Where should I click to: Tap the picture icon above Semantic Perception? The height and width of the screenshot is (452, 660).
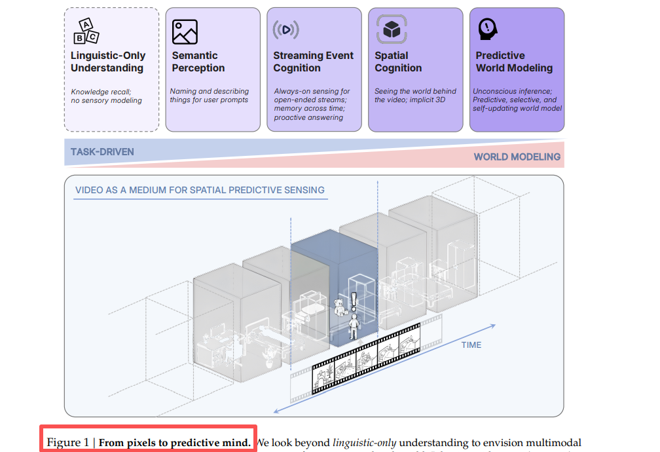185,31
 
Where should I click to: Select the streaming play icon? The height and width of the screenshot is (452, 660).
285,30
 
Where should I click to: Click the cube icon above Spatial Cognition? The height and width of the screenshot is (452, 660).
392,29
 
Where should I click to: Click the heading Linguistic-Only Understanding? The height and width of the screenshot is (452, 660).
108,62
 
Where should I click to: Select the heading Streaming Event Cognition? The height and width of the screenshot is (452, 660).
313,62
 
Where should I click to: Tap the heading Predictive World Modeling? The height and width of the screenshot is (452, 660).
514,62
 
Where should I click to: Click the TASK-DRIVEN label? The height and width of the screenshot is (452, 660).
102,152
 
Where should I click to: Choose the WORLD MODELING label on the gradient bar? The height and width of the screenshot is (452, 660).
517,157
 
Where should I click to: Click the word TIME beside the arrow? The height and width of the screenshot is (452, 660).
471,345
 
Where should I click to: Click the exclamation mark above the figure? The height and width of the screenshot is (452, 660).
354,302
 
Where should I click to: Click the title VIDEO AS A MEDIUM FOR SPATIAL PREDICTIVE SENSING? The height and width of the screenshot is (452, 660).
200,191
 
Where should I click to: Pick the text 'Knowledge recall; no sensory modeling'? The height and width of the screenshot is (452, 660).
107,96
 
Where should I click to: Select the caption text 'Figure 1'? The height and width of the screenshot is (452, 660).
67,443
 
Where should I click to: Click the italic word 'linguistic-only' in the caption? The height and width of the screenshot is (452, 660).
364,443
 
